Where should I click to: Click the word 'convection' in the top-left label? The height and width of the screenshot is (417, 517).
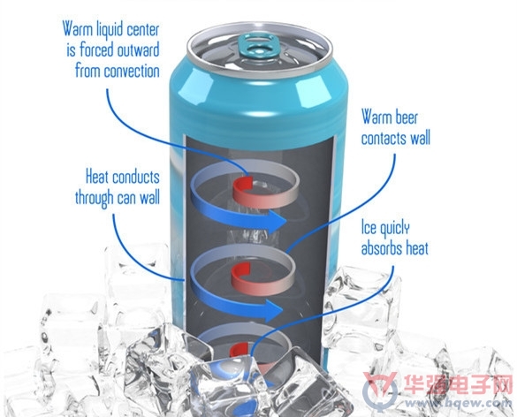point(132,72)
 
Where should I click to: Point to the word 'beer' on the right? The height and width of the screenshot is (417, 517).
point(407,118)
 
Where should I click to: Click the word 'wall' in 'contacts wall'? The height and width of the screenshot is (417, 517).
point(421,138)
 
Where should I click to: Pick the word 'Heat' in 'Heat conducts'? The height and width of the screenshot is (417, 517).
point(97,177)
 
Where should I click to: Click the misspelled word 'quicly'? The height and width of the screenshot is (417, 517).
point(394,229)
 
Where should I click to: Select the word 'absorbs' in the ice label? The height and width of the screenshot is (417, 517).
point(382,248)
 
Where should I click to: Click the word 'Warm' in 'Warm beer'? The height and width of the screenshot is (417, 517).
point(376,117)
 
